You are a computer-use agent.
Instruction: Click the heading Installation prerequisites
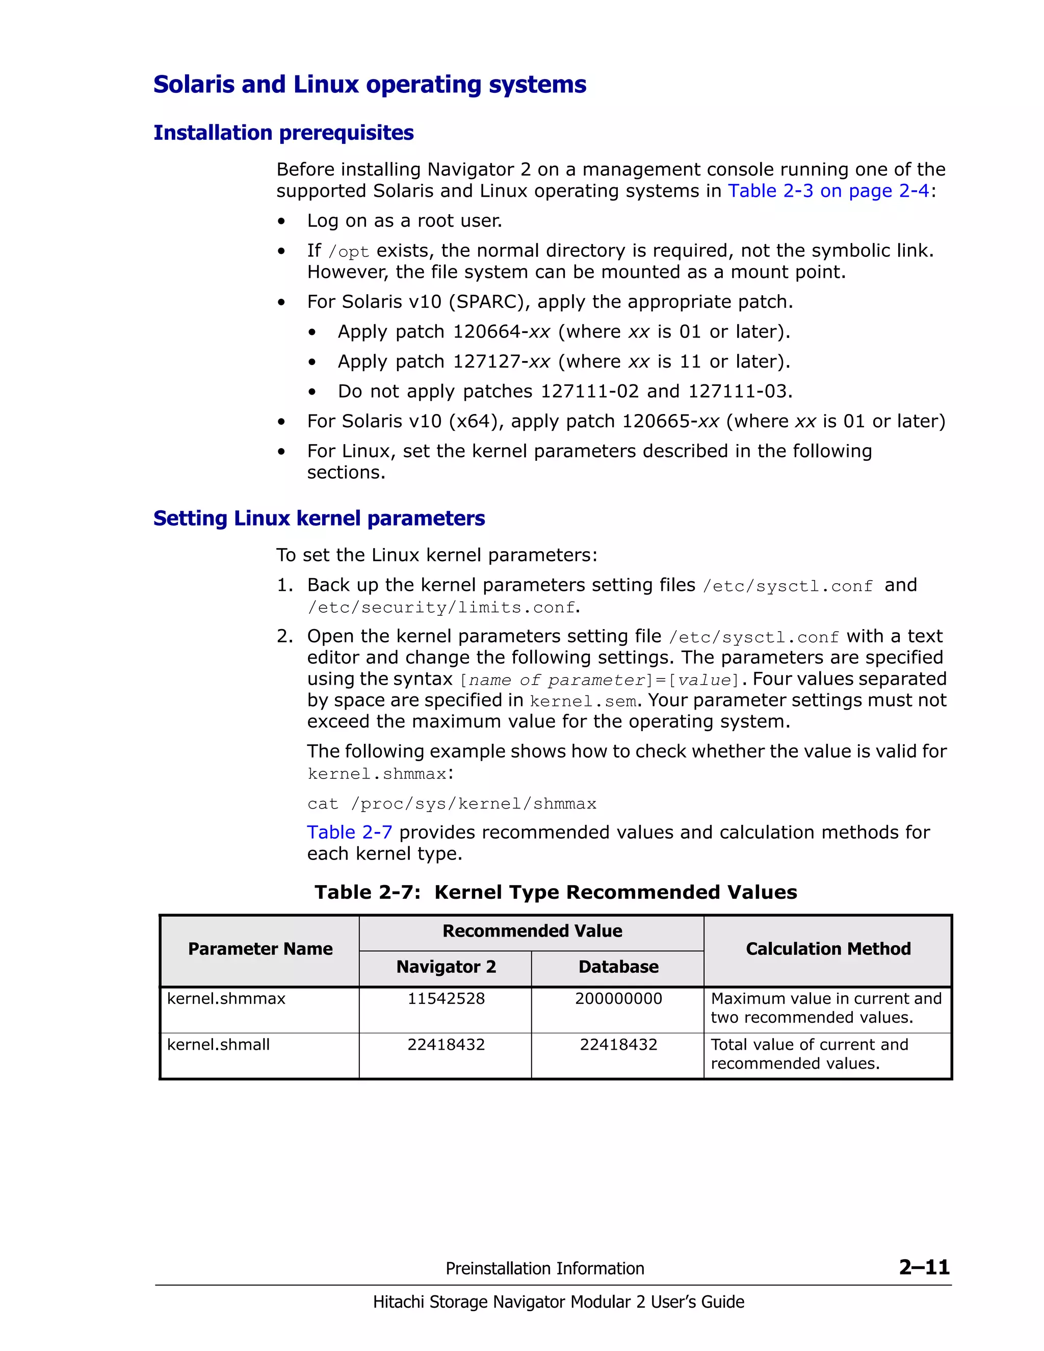[283, 133]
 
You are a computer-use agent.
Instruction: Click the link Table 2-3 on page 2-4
[828, 191]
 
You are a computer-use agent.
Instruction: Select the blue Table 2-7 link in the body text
[349, 832]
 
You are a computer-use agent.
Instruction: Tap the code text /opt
[348, 252]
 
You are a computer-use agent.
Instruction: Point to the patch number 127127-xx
[501, 361]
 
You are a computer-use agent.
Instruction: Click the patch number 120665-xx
[670, 421]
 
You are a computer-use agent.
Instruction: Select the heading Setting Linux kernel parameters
[319, 518]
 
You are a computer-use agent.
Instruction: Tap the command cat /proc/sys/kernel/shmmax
[452, 803]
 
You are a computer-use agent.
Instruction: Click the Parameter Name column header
[260, 949]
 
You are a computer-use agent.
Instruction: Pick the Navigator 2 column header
[446, 967]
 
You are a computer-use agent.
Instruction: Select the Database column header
[618, 967]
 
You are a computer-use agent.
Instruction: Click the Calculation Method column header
[827, 949]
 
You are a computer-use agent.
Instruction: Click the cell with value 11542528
[446, 998]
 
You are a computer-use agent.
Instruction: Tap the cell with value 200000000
[618, 998]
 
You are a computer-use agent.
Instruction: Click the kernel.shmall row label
[218, 1044]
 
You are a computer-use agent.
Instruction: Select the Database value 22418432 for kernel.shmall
[618, 1044]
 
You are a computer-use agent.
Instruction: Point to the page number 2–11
[924, 1267]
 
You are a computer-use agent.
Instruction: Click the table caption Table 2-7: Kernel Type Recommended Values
[556, 892]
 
